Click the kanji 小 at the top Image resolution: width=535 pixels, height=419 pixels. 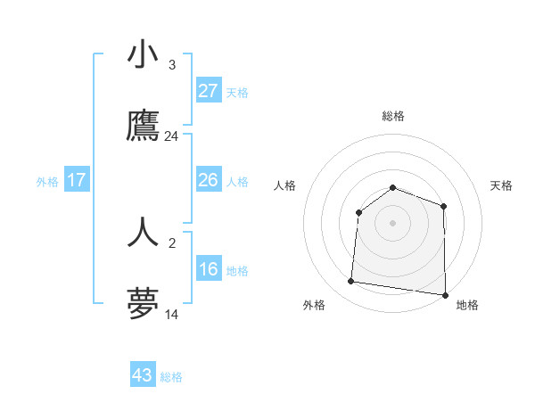(143, 56)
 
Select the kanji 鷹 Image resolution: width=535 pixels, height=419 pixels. (143, 127)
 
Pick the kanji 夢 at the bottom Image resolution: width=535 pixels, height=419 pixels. (143, 304)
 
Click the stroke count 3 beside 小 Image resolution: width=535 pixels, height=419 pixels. (171, 65)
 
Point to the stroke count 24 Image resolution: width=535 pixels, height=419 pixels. (171, 136)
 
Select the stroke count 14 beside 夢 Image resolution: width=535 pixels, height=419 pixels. (171, 315)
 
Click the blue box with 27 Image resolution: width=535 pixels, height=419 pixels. (208, 91)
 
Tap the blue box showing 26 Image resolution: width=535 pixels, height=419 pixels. (208, 180)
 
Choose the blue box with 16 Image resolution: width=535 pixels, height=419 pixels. (208, 269)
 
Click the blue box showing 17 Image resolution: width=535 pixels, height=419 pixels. (77, 180)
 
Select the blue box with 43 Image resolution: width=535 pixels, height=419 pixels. (143, 375)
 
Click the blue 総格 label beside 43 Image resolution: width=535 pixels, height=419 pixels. (171, 377)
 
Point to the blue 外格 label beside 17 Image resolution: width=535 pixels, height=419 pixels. (47, 182)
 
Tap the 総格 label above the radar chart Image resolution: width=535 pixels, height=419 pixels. (393, 116)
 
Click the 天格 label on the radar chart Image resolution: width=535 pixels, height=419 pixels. (501, 185)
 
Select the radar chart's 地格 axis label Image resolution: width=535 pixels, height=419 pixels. (467, 305)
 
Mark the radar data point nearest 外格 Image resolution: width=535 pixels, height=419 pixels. (350, 282)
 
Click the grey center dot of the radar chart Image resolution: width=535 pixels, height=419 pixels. (393, 222)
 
